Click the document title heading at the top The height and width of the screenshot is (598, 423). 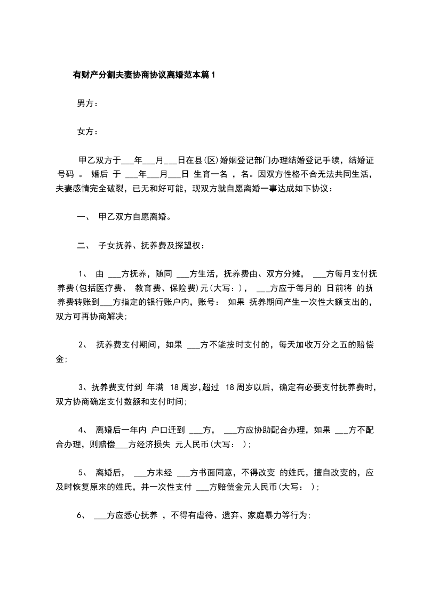click(143, 75)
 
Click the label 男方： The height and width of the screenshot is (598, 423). click(87, 103)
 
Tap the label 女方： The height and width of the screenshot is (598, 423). click(87, 132)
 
